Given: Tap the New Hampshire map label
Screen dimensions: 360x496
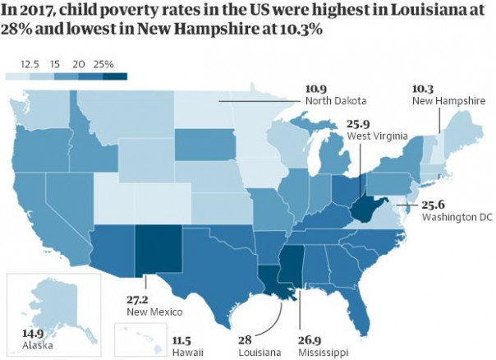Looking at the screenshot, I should [443, 99].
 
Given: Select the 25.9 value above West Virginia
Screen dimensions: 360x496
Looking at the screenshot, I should [359, 122].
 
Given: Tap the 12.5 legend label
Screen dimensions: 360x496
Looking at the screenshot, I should [30, 64].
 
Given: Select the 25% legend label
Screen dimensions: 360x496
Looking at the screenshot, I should [104, 64].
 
